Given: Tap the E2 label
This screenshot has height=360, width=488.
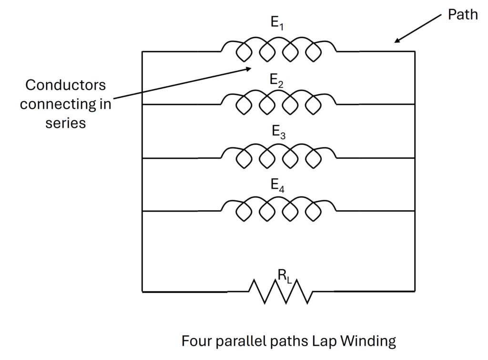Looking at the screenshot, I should (277, 80).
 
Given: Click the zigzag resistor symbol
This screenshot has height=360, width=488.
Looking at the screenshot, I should (281, 291).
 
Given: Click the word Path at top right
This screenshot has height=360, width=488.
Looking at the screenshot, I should (462, 15).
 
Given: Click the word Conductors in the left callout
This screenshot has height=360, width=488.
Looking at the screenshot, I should (66, 85).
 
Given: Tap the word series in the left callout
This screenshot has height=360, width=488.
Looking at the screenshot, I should (66, 123).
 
